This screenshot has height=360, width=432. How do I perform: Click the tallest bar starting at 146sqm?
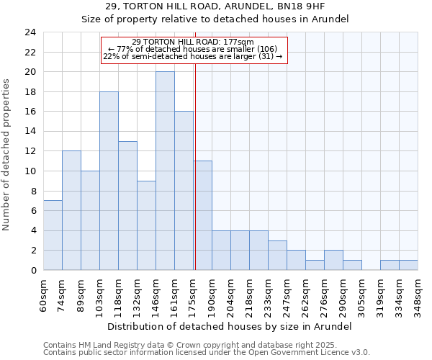[x=165, y=171]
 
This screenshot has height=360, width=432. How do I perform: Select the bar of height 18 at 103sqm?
[x=109, y=181]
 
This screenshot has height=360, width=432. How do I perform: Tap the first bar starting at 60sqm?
[x=53, y=235]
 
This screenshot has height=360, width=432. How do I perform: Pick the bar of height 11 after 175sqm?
[x=202, y=215]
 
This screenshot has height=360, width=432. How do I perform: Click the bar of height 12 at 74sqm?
[x=71, y=210]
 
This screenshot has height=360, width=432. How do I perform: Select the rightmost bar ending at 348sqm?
[x=408, y=265]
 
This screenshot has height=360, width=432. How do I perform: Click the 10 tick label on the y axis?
[x=30, y=171]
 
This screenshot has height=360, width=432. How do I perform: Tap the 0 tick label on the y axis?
[x=33, y=271]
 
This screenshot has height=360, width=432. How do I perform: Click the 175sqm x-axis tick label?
[x=194, y=293]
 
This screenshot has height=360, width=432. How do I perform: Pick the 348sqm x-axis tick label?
[x=418, y=293]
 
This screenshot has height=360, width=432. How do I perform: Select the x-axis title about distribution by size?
[x=230, y=326]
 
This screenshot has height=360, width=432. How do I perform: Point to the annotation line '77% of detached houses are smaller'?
[x=193, y=49]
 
